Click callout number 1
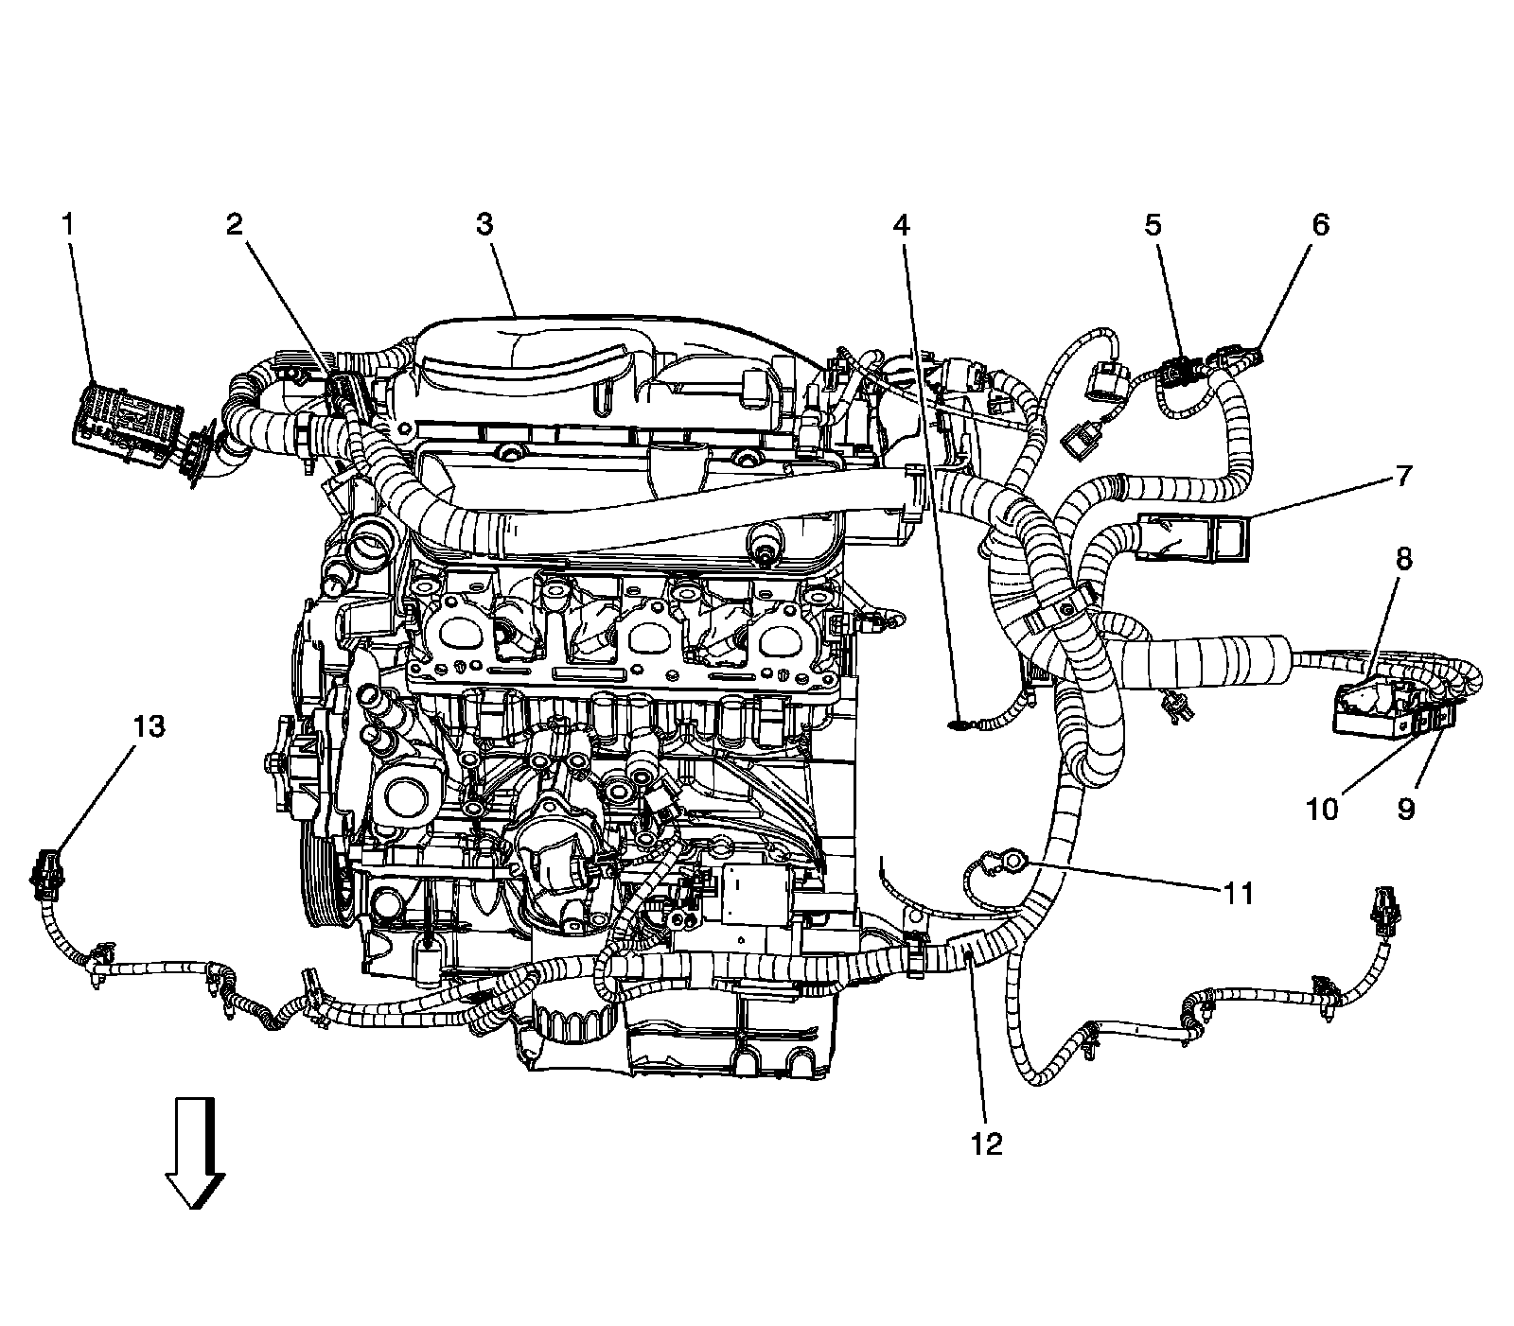[67, 224]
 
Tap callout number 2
[234, 224]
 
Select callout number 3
[484, 224]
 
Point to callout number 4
[901, 224]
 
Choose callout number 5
[1153, 224]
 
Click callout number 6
[1320, 224]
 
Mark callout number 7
[1402, 476]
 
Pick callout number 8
[1402, 559]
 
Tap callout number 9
[1405, 809]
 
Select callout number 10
[1323, 809]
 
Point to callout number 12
[986, 1143]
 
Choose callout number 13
[150, 726]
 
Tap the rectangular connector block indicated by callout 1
[125, 416]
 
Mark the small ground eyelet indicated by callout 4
[958, 725]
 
